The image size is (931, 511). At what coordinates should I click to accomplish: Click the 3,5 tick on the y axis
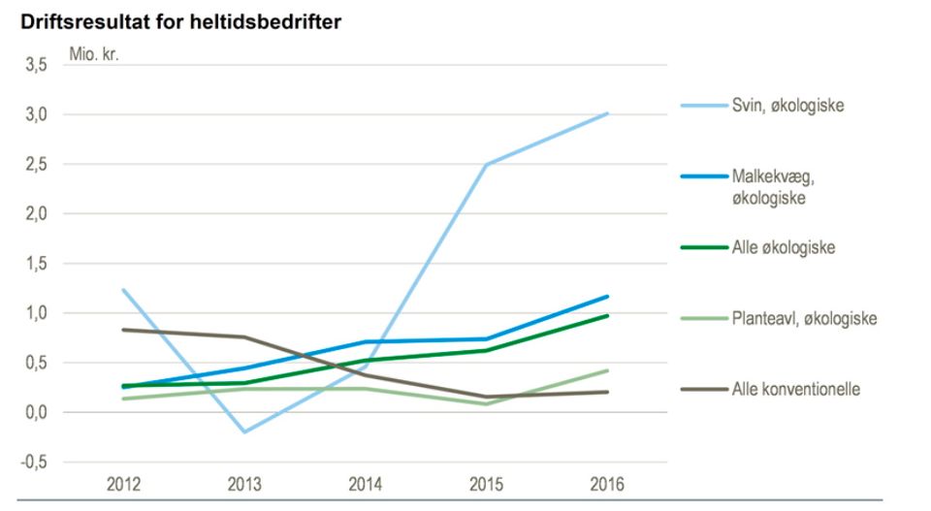36,65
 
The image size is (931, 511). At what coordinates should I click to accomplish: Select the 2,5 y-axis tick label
36,165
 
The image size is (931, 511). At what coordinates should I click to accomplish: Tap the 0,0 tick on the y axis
36,412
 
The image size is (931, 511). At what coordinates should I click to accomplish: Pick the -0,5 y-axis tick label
34,463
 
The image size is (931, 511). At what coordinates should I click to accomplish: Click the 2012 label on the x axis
123,485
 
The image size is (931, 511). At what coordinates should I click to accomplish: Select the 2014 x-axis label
366,485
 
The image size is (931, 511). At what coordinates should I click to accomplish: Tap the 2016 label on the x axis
607,485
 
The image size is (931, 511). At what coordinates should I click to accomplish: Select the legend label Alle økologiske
783,247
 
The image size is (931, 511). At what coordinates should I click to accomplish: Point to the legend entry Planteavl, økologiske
805,318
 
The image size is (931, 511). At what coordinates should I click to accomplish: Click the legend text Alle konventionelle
796,390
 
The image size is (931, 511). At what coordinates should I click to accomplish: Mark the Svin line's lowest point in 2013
244,431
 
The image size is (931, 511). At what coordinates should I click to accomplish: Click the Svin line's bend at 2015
486,165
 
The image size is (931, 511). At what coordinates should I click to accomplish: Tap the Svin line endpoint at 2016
608,113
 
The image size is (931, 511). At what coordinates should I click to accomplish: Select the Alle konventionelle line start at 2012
123,330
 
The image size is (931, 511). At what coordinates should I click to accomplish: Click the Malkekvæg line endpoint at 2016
608,296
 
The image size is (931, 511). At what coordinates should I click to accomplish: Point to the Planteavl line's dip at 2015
486,403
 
